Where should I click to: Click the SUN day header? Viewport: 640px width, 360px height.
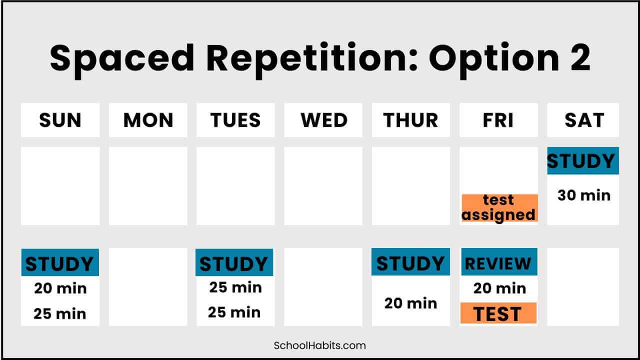click(x=60, y=120)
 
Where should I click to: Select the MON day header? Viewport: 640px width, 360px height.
click(x=148, y=120)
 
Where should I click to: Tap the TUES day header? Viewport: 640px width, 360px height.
click(x=235, y=120)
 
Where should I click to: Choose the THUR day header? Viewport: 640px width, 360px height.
click(x=410, y=120)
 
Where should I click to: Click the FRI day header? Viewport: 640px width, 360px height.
click(x=498, y=120)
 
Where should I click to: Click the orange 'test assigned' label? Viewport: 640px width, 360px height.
click(x=499, y=207)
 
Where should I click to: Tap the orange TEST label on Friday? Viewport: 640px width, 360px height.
click(x=498, y=313)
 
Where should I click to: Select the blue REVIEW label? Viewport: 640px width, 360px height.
click(x=499, y=262)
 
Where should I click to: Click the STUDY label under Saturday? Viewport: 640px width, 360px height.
click(x=583, y=161)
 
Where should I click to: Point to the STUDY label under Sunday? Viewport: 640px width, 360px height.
click(x=60, y=262)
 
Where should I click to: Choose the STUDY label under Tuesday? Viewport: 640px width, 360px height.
click(x=234, y=262)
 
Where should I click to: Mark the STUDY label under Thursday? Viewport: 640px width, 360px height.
click(x=410, y=262)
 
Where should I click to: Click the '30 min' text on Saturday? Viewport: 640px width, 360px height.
click(x=584, y=195)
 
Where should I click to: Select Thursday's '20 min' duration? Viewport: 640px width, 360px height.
click(x=410, y=303)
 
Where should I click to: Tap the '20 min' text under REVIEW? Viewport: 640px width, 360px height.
click(x=499, y=288)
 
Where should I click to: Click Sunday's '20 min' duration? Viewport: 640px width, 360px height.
click(x=60, y=288)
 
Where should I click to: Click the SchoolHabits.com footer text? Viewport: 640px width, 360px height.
click(x=319, y=345)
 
